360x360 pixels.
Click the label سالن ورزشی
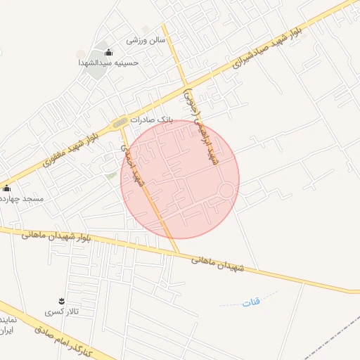point(146,40)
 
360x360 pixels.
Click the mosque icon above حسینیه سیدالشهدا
point(108,52)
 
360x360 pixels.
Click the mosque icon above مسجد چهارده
point(7,188)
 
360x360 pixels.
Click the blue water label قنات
point(250,302)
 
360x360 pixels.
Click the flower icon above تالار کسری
point(61,301)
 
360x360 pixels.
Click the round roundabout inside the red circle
point(226,191)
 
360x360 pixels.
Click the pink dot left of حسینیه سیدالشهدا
point(82,54)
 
